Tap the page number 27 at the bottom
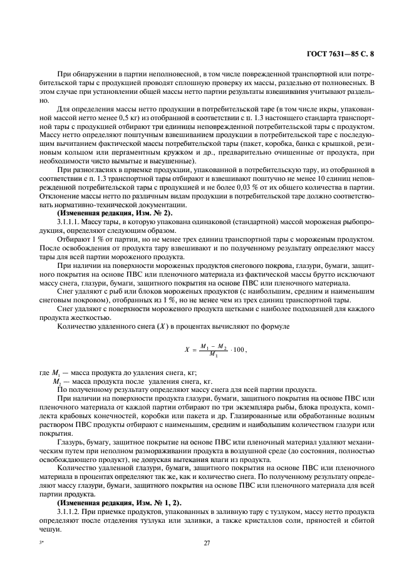207,543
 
